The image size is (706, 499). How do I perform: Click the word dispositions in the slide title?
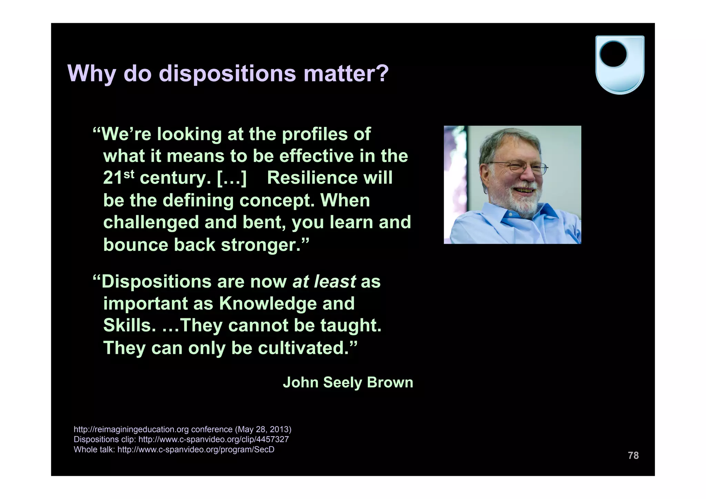227,73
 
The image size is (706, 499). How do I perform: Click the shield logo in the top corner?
619,65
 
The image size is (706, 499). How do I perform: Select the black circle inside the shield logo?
613,54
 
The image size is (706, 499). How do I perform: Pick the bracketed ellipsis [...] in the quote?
232,178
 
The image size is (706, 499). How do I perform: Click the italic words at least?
324,281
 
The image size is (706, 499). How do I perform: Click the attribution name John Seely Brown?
348,382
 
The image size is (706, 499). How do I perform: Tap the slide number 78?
633,456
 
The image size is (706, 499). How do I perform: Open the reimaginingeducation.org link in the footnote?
153,429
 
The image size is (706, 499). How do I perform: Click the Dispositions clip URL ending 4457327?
213,439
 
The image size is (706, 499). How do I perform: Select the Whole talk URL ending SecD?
196,450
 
